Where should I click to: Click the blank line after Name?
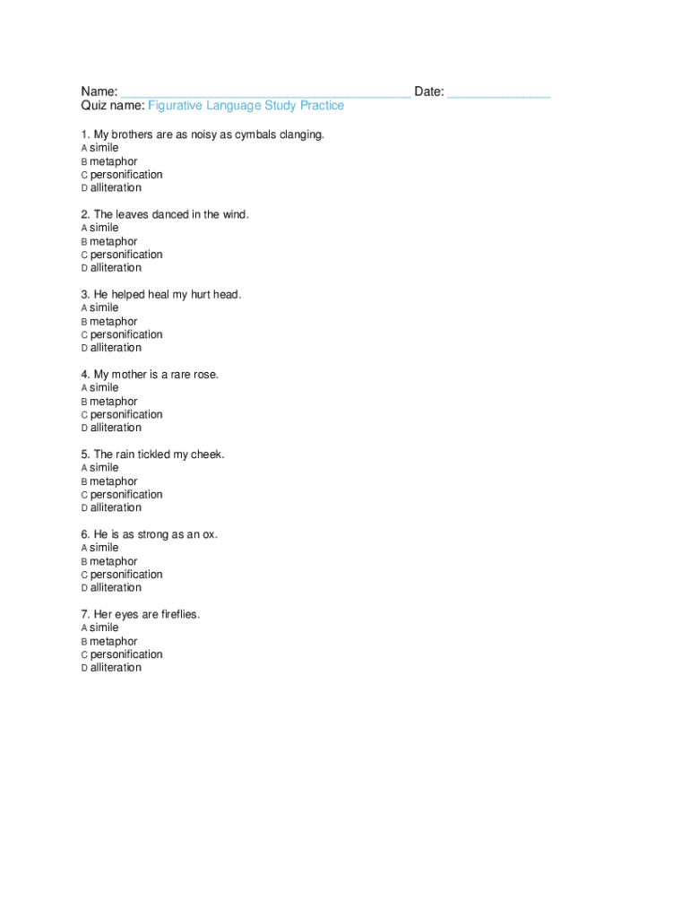point(266,93)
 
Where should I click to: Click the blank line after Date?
point(498,93)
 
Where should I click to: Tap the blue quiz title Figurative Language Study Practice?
point(246,106)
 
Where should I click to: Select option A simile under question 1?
point(103,148)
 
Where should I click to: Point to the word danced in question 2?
point(170,215)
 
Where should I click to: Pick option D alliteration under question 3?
point(115,348)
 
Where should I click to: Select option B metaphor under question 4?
point(113,402)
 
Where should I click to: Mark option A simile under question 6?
point(103,548)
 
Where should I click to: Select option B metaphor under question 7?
point(113,642)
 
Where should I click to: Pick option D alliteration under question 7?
point(115,668)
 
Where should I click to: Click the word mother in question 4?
point(130,375)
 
